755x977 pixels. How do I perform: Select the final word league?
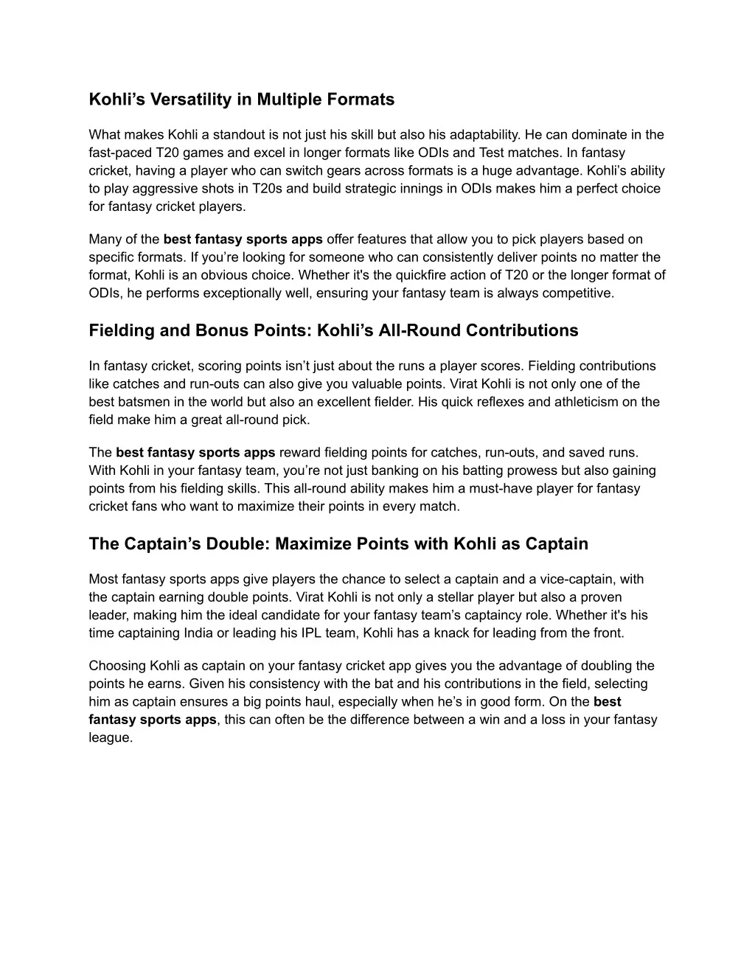110,737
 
